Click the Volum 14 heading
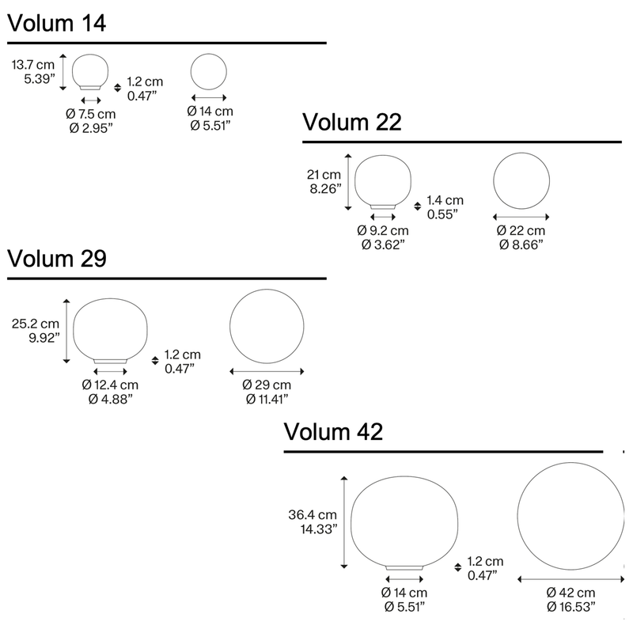pyautogui.click(x=56, y=23)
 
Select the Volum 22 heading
pyautogui.click(x=352, y=122)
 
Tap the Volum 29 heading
pyautogui.click(x=57, y=259)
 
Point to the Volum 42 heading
pyautogui.click(x=333, y=431)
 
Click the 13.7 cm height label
pyautogui.click(x=33, y=65)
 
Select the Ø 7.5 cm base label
pyautogui.click(x=91, y=114)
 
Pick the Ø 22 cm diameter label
pyautogui.click(x=521, y=230)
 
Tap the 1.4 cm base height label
pyautogui.click(x=445, y=200)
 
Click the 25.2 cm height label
pyautogui.click(x=36, y=324)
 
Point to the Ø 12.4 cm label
pyautogui.click(x=110, y=385)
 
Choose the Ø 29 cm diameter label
pyautogui.click(x=267, y=385)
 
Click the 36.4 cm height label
pyautogui.click(x=313, y=515)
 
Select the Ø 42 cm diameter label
pyautogui.click(x=570, y=593)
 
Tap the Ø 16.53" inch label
pyautogui.click(x=571, y=607)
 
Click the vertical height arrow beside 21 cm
pyautogui.click(x=348, y=182)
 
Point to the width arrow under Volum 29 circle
pyautogui.click(x=267, y=371)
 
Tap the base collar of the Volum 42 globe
pyautogui.click(x=404, y=567)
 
